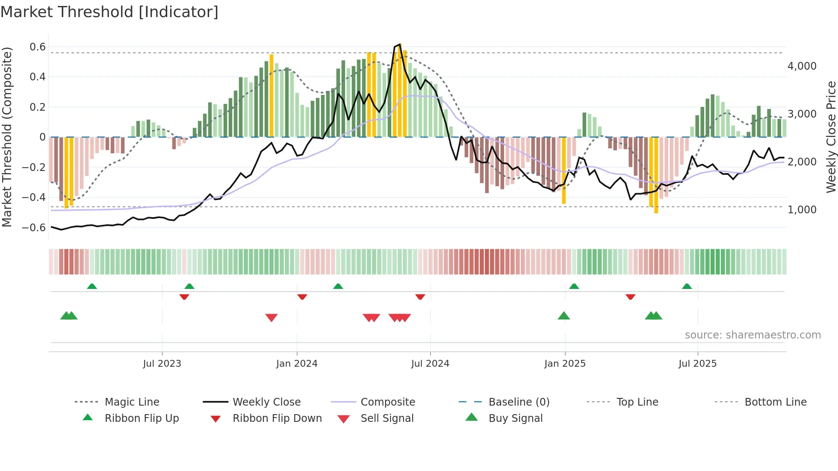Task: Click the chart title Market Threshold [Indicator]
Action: tap(109, 12)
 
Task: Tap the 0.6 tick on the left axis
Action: tap(38, 47)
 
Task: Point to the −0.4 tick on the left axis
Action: tap(34, 197)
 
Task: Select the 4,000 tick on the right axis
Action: tap(802, 66)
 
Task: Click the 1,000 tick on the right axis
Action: tap(802, 210)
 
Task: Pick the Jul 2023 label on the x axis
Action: tap(162, 364)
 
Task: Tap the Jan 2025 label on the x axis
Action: tap(565, 364)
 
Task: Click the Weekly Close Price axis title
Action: tap(831, 137)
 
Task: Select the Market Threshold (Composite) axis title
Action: tap(7, 137)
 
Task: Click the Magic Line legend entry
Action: tap(132, 402)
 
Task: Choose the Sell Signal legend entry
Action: tap(387, 418)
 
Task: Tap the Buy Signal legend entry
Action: tap(515, 418)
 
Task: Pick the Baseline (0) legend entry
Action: tap(519, 402)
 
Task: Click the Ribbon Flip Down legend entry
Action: tap(277, 418)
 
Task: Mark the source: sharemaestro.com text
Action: tap(752, 335)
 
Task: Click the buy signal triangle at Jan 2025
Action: tap(564, 316)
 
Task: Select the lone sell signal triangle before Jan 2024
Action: tap(271, 318)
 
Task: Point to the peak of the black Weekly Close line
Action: tap(400, 44)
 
